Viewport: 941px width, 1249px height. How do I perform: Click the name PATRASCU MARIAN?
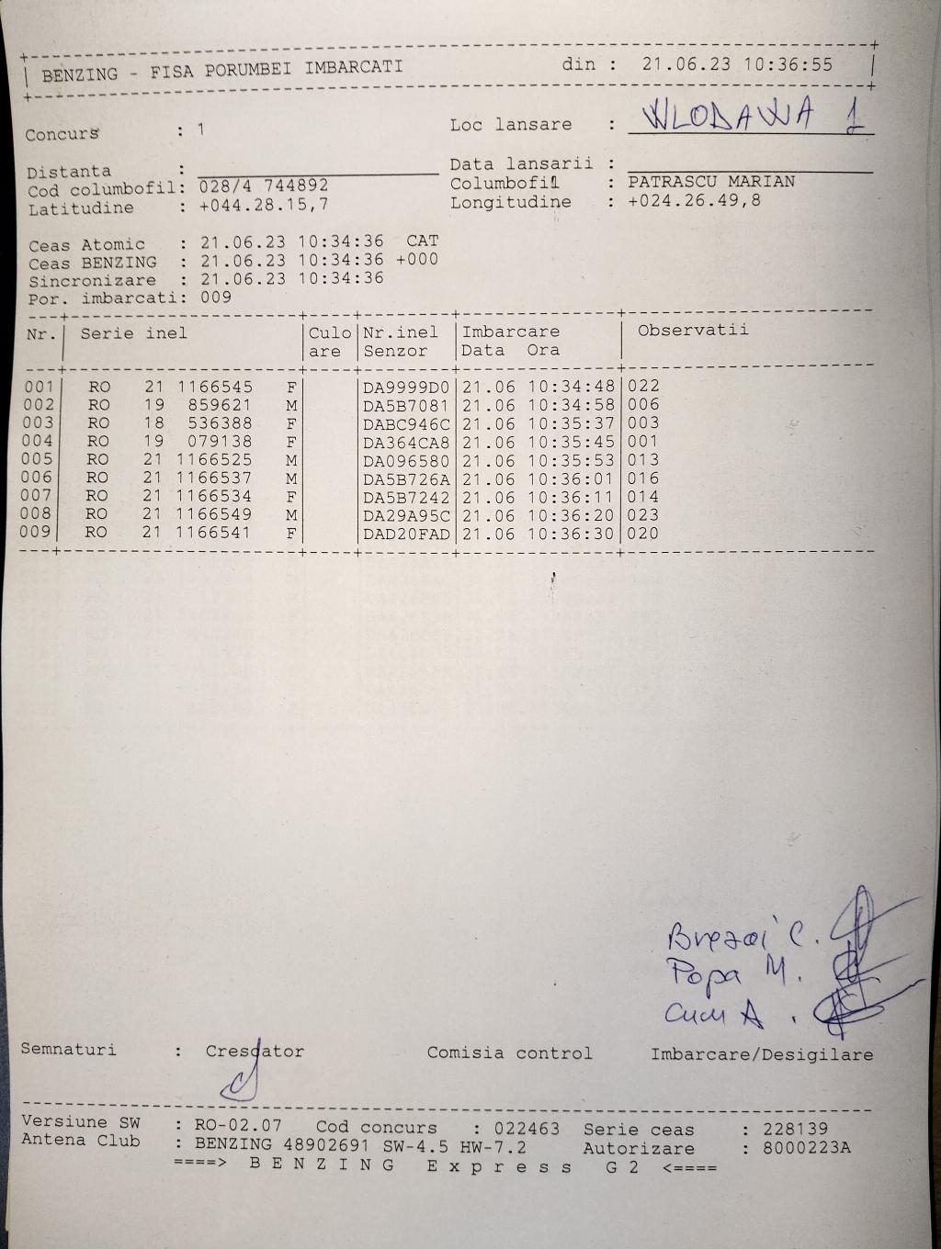click(x=711, y=182)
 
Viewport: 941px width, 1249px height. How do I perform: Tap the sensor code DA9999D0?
click(x=406, y=388)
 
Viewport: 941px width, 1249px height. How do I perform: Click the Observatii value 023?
click(x=643, y=515)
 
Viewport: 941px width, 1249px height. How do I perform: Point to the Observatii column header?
click(x=693, y=331)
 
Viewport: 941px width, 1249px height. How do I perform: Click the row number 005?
click(x=39, y=459)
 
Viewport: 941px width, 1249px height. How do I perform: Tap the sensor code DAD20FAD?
click(x=406, y=534)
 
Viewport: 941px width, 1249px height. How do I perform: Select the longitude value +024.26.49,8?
click(x=694, y=200)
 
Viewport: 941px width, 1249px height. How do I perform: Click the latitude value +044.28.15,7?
click(x=264, y=206)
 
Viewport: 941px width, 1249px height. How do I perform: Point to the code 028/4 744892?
click(x=264, y=186)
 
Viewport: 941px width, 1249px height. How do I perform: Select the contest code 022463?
click(x=526, y=1128)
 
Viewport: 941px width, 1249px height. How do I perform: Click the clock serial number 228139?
click(x=795, y=1128)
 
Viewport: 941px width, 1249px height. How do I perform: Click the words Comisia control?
click(x=509, y=1053)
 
